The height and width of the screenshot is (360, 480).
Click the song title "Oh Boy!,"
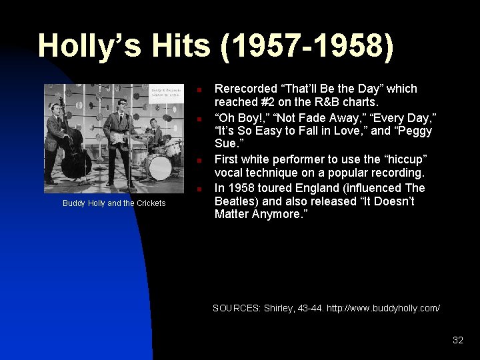tap(240, 118)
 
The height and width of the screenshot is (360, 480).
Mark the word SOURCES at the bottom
tap(236, 308)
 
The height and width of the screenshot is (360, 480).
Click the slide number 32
tap(457, 340)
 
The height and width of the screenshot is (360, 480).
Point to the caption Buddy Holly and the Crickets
tap(114, 203)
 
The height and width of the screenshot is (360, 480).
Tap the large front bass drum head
tap(159, 167)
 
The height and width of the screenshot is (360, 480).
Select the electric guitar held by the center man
tap(121, 137)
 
